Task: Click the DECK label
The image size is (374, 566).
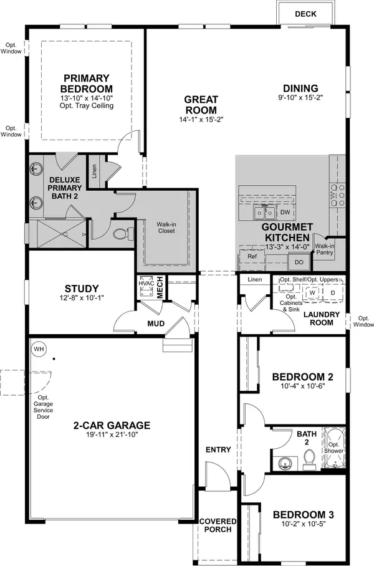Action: coord(305,14)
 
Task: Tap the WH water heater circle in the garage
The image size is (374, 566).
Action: coord(39,348)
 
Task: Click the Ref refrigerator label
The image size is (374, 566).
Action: coord(252,256)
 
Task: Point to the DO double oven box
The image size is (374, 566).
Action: coord(299,262)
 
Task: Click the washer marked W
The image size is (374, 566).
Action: coord(312,292)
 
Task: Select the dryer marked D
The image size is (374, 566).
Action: coord(332,292)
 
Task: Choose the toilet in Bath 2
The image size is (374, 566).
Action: coord(308,459)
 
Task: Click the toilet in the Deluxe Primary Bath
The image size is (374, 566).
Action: coord(122,234)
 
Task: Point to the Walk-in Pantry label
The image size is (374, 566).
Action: coord(325,249)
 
